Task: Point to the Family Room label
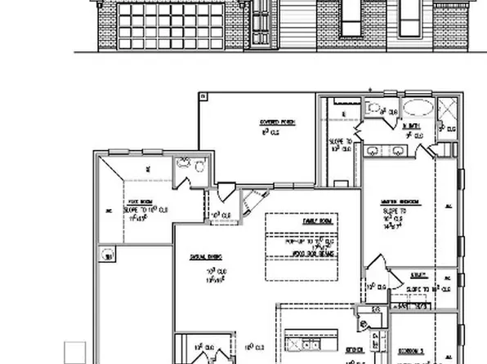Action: point(314,221)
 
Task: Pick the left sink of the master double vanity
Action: point(372,149)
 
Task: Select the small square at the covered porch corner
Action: point(203,96)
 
